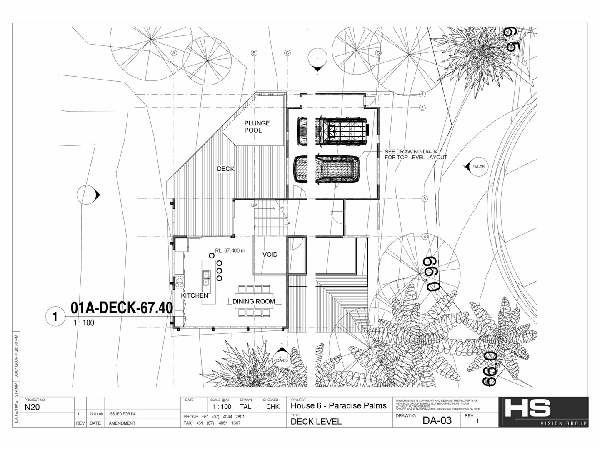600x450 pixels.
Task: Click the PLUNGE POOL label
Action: coord(257,127)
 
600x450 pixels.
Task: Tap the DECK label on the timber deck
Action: coord(225,169)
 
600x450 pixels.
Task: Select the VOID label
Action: coord(270,254)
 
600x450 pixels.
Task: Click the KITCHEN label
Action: coord(194,295)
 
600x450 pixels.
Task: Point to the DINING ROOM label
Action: coord(253,301)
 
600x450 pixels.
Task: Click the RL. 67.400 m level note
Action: coord(230,251)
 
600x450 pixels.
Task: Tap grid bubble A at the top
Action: coord(174,53)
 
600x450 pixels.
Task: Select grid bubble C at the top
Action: coord(287,53)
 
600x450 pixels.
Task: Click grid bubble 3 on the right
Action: coord(425,199)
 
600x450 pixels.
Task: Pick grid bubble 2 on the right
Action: coord(422,108)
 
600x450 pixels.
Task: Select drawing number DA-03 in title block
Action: coord(437,420)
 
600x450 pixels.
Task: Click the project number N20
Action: coord(32,407)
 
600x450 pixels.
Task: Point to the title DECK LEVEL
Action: coord(316,421)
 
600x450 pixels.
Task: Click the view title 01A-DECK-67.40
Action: coord(122,308)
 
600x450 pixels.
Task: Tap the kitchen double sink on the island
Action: coord(206,278)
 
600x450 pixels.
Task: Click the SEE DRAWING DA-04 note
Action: coord(415,155)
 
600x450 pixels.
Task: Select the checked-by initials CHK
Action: coord(272,407)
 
